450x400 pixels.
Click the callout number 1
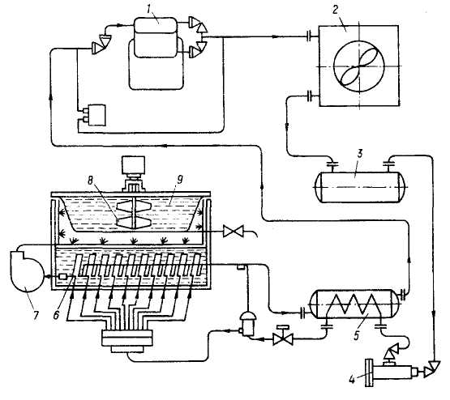(148, 9)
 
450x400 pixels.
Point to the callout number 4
(352, 380)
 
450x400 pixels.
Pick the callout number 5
(357, 336)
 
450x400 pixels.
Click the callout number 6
(56, 315)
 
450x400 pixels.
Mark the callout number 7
(36, 315)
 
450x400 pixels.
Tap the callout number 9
(180, 181)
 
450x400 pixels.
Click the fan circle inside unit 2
(358, 66)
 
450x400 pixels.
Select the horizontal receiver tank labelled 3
(361, 187)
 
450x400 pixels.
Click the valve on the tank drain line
(234, 231)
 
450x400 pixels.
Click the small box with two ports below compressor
(93, 115)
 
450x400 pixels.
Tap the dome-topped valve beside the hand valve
(247, 323)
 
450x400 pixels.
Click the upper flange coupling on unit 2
(310, 36)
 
